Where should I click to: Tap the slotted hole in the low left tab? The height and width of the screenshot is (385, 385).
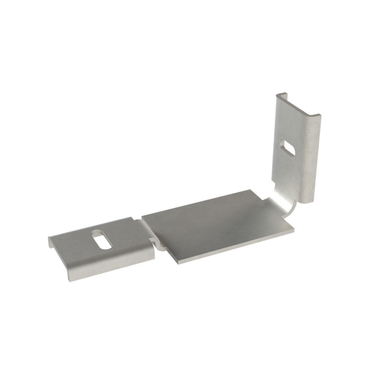point(102,237)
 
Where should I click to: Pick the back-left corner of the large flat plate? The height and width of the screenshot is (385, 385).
point(142,214)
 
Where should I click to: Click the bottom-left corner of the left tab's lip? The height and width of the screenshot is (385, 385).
point(70,280)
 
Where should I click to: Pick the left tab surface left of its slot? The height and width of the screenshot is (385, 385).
point(72,243)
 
